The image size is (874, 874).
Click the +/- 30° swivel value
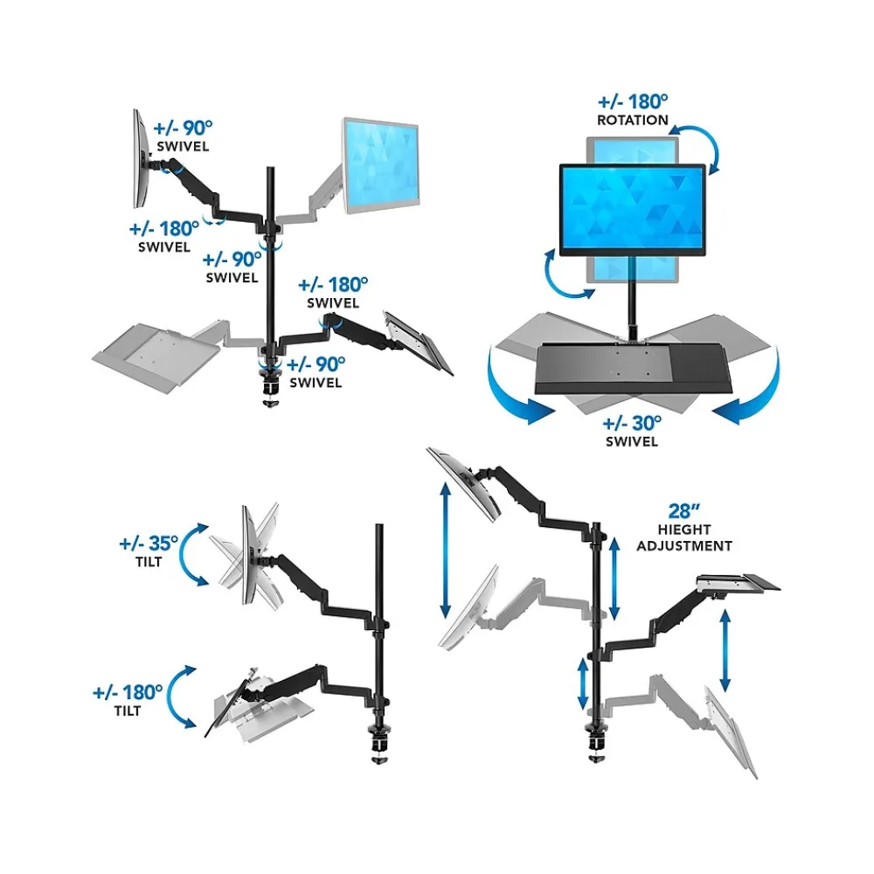[632, 423]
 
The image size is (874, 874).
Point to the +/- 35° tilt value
[149, 543]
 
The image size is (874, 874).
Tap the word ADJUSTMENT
[683, 546]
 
